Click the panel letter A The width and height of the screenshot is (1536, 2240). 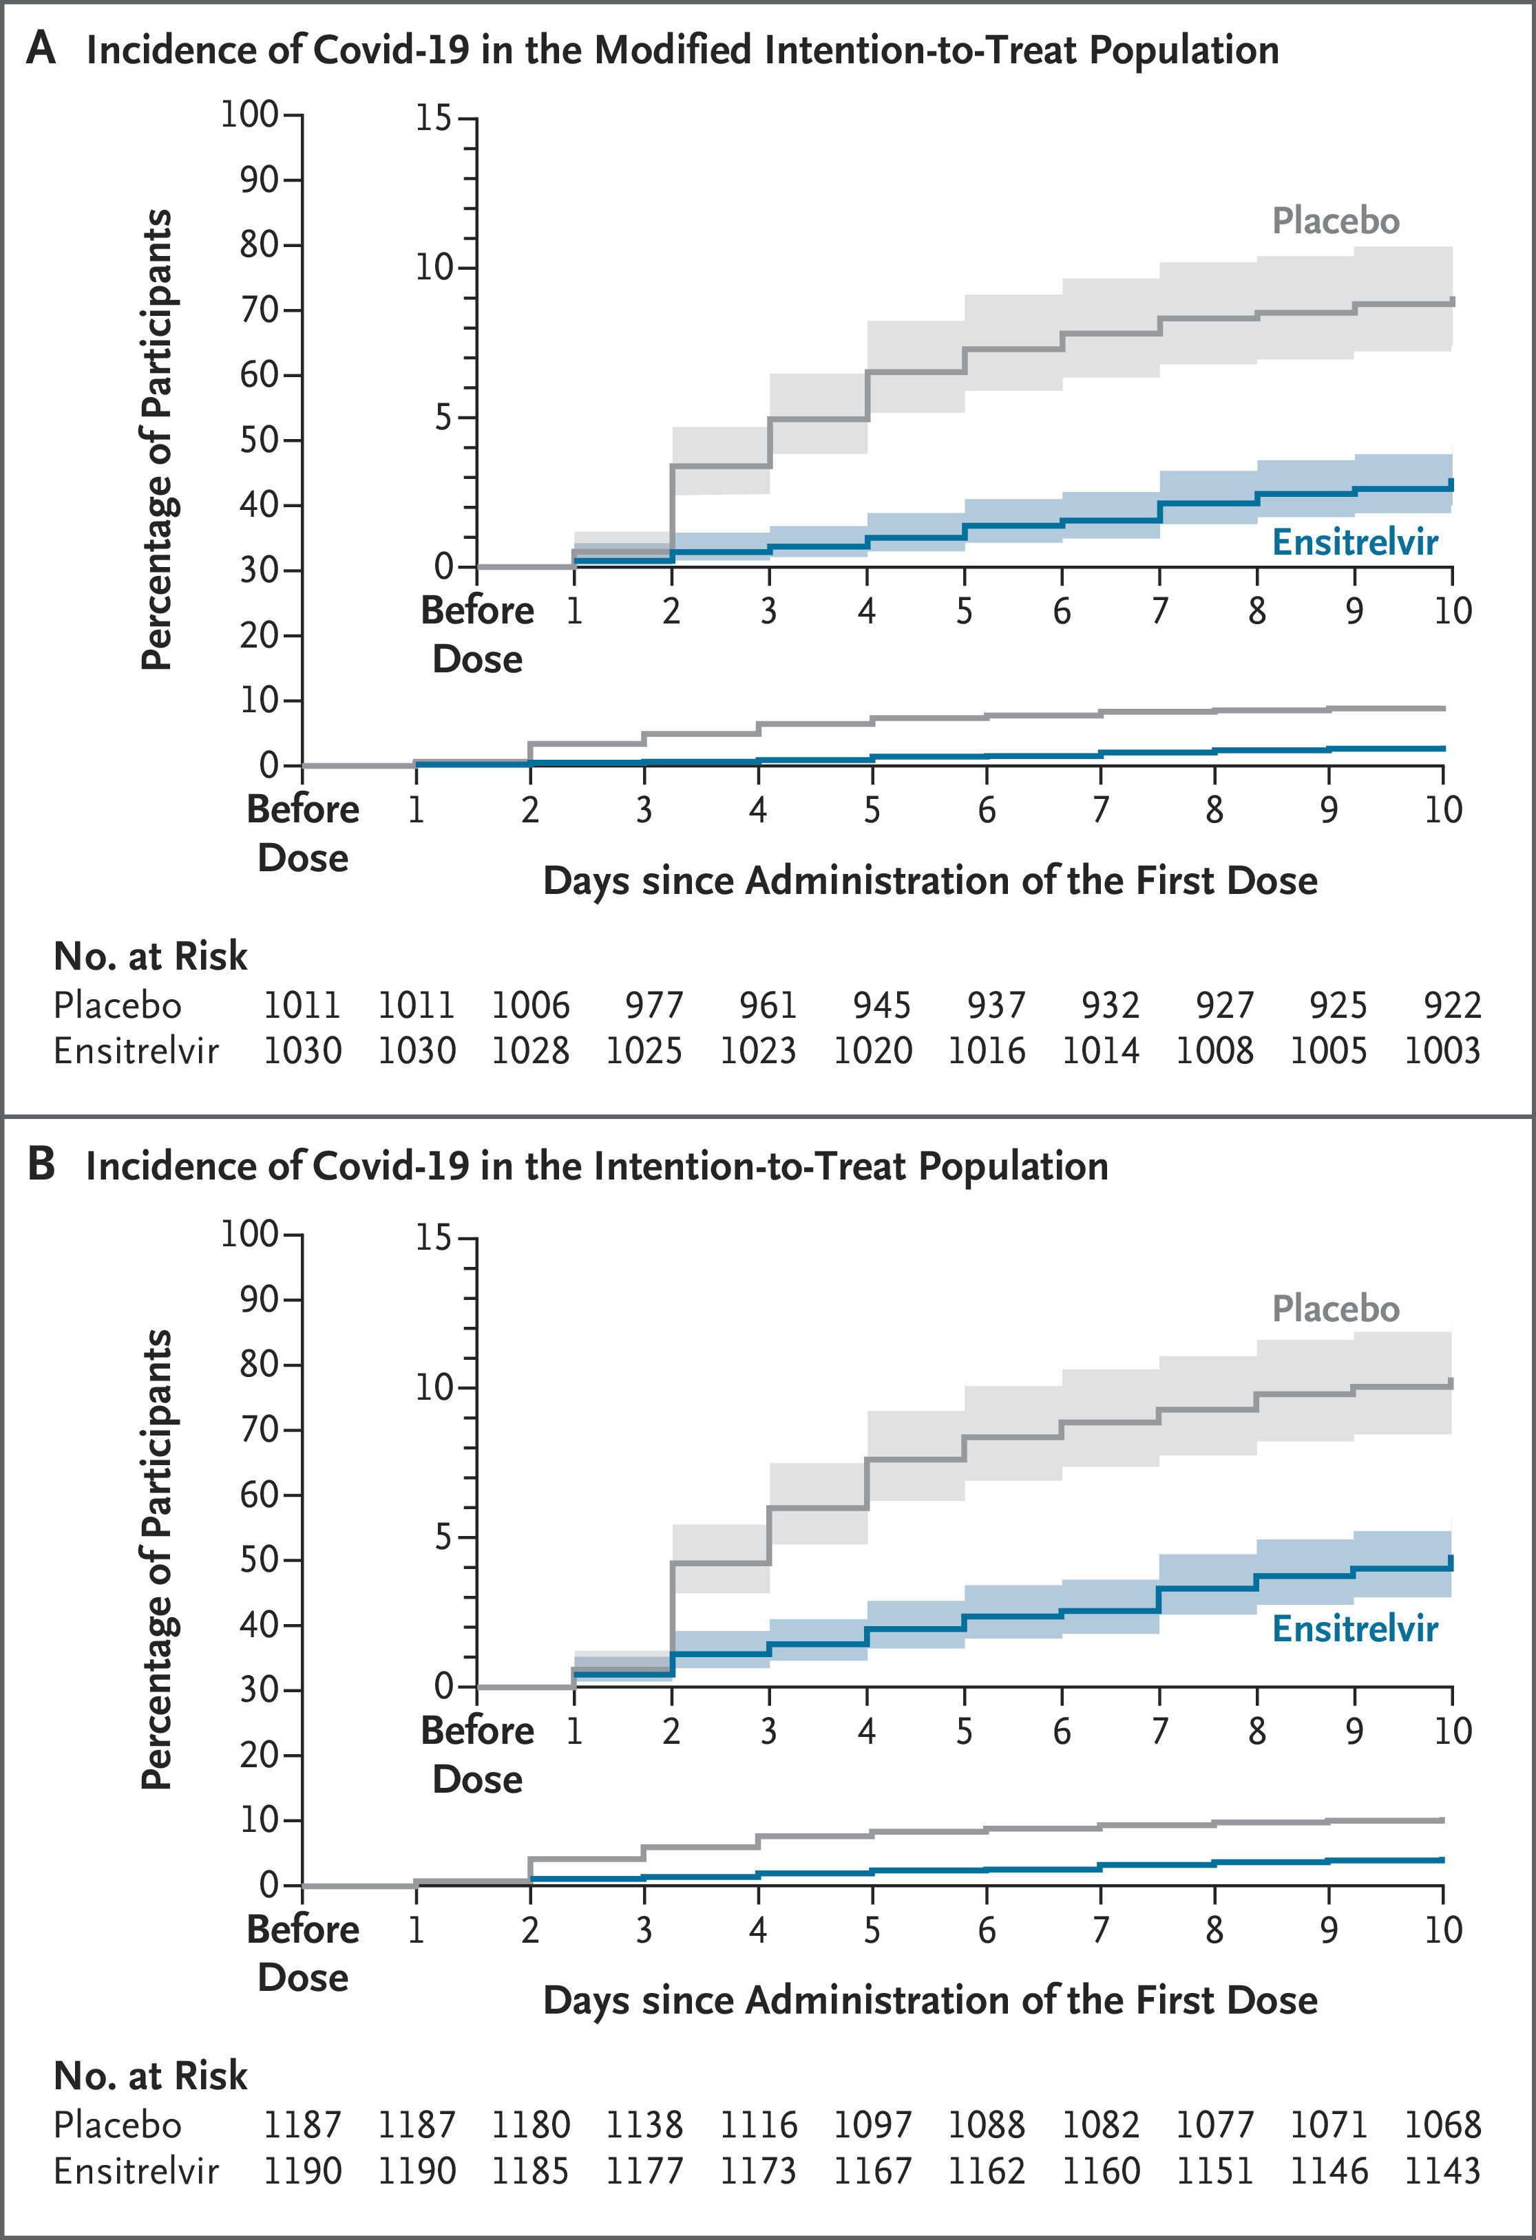click(41, 48)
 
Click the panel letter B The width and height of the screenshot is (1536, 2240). click(41, 1164)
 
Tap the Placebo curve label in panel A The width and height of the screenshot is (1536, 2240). click(1336, 221)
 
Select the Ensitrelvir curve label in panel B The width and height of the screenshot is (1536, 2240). click(1355, 1628)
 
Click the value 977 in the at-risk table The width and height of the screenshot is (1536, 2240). click(654, 1005)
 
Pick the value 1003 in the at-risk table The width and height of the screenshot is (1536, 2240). click(1442, 1049)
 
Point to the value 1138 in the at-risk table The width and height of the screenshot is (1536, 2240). click(644, 2124)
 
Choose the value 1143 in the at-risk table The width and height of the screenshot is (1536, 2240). click(1442, 2170)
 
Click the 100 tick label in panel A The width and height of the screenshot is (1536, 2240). click(250, 115)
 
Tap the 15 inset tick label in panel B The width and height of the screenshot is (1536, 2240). click(434, 1237)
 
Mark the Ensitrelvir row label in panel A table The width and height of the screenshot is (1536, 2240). click(136, 1049)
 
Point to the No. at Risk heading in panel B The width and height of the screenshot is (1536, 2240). click(150, 2075)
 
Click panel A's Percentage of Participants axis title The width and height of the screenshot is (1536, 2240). click(156, 440)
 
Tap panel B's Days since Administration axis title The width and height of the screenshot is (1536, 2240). click(930, 2000)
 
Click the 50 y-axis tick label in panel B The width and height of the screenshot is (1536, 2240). click(260, 1559)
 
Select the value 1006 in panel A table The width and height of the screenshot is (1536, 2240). click(530, 1005)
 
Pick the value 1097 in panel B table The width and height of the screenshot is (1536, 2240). click(872, 2124)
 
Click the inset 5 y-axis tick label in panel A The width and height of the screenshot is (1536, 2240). click(443, 417)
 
